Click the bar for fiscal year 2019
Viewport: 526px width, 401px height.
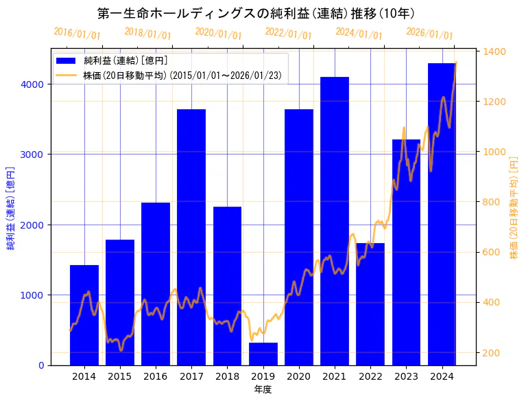[263, 354]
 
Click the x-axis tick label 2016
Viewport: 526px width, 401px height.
[156, 376]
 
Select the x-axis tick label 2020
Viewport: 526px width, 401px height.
[299, 376]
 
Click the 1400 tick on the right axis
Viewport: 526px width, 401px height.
[494, 51]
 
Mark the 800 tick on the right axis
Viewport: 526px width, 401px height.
[492, 202]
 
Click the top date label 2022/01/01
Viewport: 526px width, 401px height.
[288, 34]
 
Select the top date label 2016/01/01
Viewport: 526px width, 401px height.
[77, 34]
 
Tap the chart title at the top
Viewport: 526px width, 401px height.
[256, 13]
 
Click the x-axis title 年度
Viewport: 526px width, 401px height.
[263, 389]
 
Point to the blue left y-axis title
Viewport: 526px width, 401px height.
[11, 208]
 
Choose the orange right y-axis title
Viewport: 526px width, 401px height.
[514, 208]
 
